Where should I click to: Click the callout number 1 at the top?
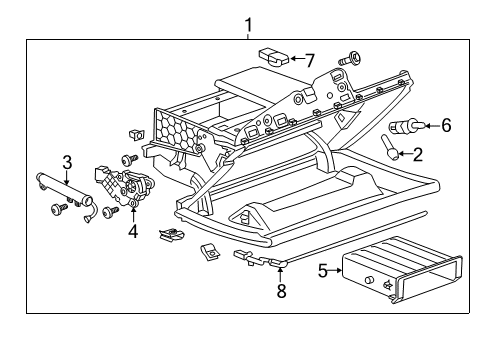249,25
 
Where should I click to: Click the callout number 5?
322,270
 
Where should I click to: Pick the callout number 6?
446,125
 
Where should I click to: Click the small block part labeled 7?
272,56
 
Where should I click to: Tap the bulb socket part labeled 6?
406,127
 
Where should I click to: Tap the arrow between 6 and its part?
428,126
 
